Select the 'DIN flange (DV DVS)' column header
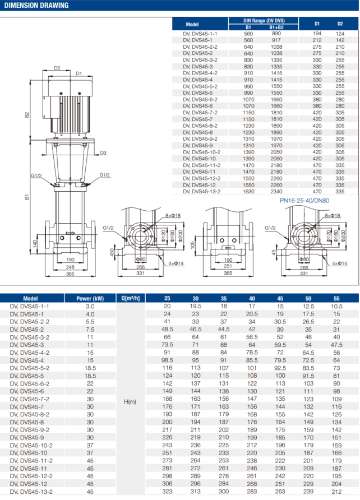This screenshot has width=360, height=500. tap(262, 21)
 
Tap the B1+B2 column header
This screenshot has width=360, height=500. tap(276, 27)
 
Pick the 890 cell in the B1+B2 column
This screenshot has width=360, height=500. tap(276, 34)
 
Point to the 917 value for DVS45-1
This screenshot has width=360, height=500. tap(276, 40)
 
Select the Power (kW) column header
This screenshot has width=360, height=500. tap(90, 298)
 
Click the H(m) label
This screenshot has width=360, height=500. tap(130, 401)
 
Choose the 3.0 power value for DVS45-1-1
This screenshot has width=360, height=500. tap(90, 306)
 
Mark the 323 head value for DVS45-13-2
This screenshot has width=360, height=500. tap(167, 491)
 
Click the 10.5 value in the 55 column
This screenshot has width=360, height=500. tap(336, 306)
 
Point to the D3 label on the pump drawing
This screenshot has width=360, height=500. tap(103, 152)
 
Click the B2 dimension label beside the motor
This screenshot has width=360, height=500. tap(26, 115)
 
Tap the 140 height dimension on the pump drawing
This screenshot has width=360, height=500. tap(35, 243)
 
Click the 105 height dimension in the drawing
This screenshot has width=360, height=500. tap(191, 245)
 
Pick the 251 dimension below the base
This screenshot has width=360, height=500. tap(228, 267)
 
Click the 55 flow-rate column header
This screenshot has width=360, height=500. tap(336, 298)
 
